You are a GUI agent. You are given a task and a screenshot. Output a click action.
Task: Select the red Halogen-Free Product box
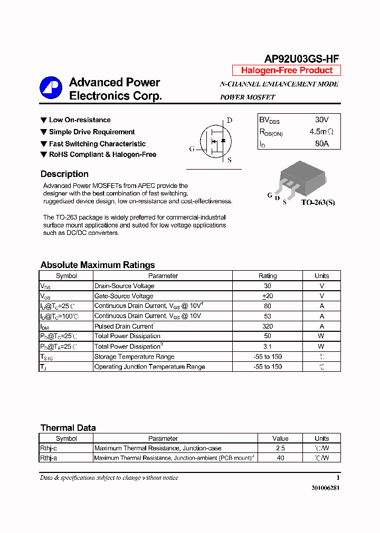pyautogui.click(x=287, y=71)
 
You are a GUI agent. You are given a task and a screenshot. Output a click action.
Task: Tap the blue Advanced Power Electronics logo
pyautogui.click(x=51, y=87)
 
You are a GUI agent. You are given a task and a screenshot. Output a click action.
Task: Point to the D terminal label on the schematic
pyautogui.click(x=230, y=120)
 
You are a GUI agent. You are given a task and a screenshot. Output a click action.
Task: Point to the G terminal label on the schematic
pyautogui.click(x=192, y=149)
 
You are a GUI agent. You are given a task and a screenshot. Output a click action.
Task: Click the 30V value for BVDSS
pyautogui.click(x=321, y=120)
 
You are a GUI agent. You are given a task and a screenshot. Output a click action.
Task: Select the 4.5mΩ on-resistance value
pyautogui.click(x=321, y=132)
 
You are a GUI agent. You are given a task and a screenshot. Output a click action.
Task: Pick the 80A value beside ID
pyautogui.click(x=321, y=143)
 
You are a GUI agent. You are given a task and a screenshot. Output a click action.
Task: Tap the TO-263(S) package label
pyautogui.click(x=318, y=202)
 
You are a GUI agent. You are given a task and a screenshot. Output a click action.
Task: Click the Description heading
pyautogui.click(x=64, y=174)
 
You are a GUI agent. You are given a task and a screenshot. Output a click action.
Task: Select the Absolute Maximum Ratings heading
pyautogui.click(x=98, y=265)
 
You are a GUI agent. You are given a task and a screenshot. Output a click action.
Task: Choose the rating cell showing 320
pyautogui.click(x=268, y=326)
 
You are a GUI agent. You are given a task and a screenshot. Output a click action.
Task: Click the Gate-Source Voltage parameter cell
pyautogui.click(x=123, y=296)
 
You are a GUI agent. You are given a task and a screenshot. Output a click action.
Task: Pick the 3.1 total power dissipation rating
pyautogui.click(x=268, y=347)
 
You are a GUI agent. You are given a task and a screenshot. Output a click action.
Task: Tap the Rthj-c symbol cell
pyautogui.click(x=49, y=448)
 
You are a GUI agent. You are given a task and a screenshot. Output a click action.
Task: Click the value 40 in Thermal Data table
pyautogui.click(x=280, y=458)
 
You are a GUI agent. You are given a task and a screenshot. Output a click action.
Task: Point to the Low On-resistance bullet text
pyautogui.click(x=80, y=120)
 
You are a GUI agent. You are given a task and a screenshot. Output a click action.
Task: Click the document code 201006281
pyautogui.click(x=326, y=488)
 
